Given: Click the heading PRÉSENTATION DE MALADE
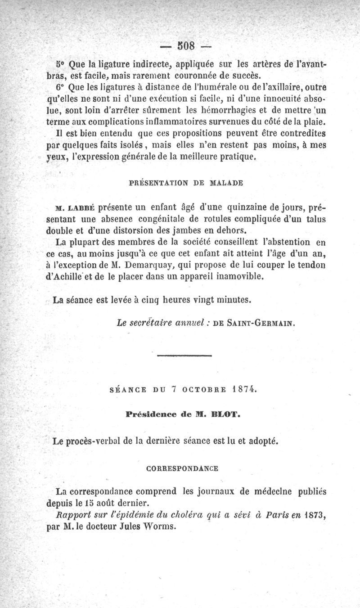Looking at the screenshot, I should [x=186, y=183].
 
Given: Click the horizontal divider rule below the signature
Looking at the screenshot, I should [x=184, y=356].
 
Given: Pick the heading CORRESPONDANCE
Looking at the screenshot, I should [x=183, y=468].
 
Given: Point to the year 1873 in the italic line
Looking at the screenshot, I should [x=312, y=514].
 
